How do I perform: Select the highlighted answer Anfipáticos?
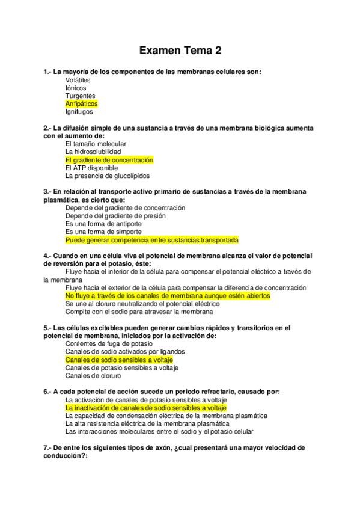tap(81, 103)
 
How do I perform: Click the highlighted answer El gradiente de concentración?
tap(109, 161)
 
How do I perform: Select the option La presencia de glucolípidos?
tap(108, 176)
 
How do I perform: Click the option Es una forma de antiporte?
tap(103, 223)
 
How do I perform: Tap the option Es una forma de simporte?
tap(103, 231)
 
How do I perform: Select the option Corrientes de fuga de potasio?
tap(109, 343)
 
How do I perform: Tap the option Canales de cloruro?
tap(93, 375)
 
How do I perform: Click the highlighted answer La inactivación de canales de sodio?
tap(145, 408)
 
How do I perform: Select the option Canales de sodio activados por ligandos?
tap(125, 351)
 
